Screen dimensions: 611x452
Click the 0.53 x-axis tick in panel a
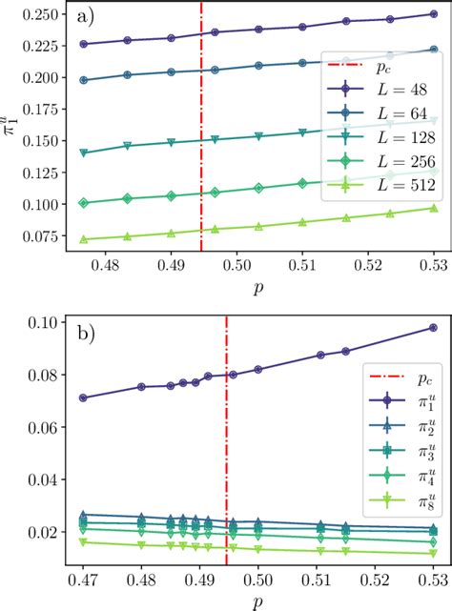click(x=433, y=265)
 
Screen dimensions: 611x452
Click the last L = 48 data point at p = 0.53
click(x=433, y=14)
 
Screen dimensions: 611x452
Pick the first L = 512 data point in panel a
click(x=83, y=240)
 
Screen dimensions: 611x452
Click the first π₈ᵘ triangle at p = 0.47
click(x=83, y=541)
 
